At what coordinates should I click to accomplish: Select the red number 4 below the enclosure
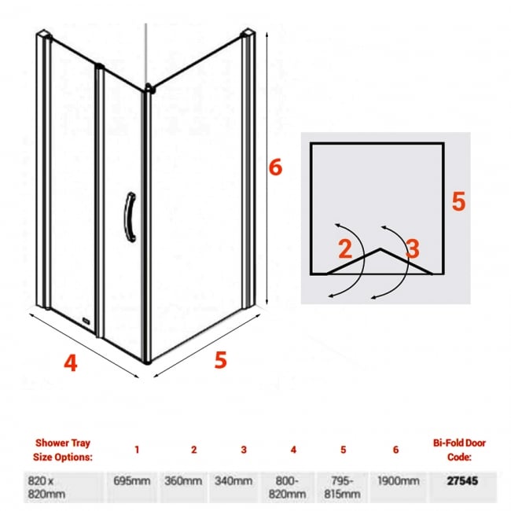71,364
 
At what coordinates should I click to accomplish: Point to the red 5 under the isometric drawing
220,359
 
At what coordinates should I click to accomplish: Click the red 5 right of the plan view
459,201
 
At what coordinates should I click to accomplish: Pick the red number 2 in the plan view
344,249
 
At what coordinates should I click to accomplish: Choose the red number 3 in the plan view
413,249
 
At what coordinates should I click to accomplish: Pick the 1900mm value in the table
395,480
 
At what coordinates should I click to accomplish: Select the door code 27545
458,480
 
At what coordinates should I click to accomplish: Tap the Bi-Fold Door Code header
458,449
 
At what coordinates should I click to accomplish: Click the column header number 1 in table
137,450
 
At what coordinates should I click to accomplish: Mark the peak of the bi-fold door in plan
380,250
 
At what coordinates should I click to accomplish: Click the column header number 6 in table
395,450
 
